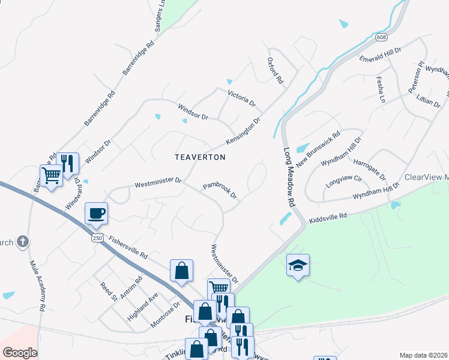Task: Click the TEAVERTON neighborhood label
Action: pyautogui.click(x=200, y=157)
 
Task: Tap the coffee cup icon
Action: pyautogui.click(x=96, y=213)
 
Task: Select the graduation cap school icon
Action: pyautogui.click(x=298, y=265)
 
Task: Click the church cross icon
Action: pyautogui.click(x=23, y=242)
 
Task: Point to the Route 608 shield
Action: pyautogui.click(x=382, y=37)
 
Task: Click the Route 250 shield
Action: pyautogui.click(x=96, y=238)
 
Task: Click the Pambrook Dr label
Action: pyautogui.click(x=220, y=191)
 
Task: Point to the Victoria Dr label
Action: pyautogui.click(x=241, y=98)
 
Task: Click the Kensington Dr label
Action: pyautogui.click(x=243, y=130)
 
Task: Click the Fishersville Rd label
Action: pyautogui.click(x=128, y=247)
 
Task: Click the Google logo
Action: pyautogui.click(x=20, y=353)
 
